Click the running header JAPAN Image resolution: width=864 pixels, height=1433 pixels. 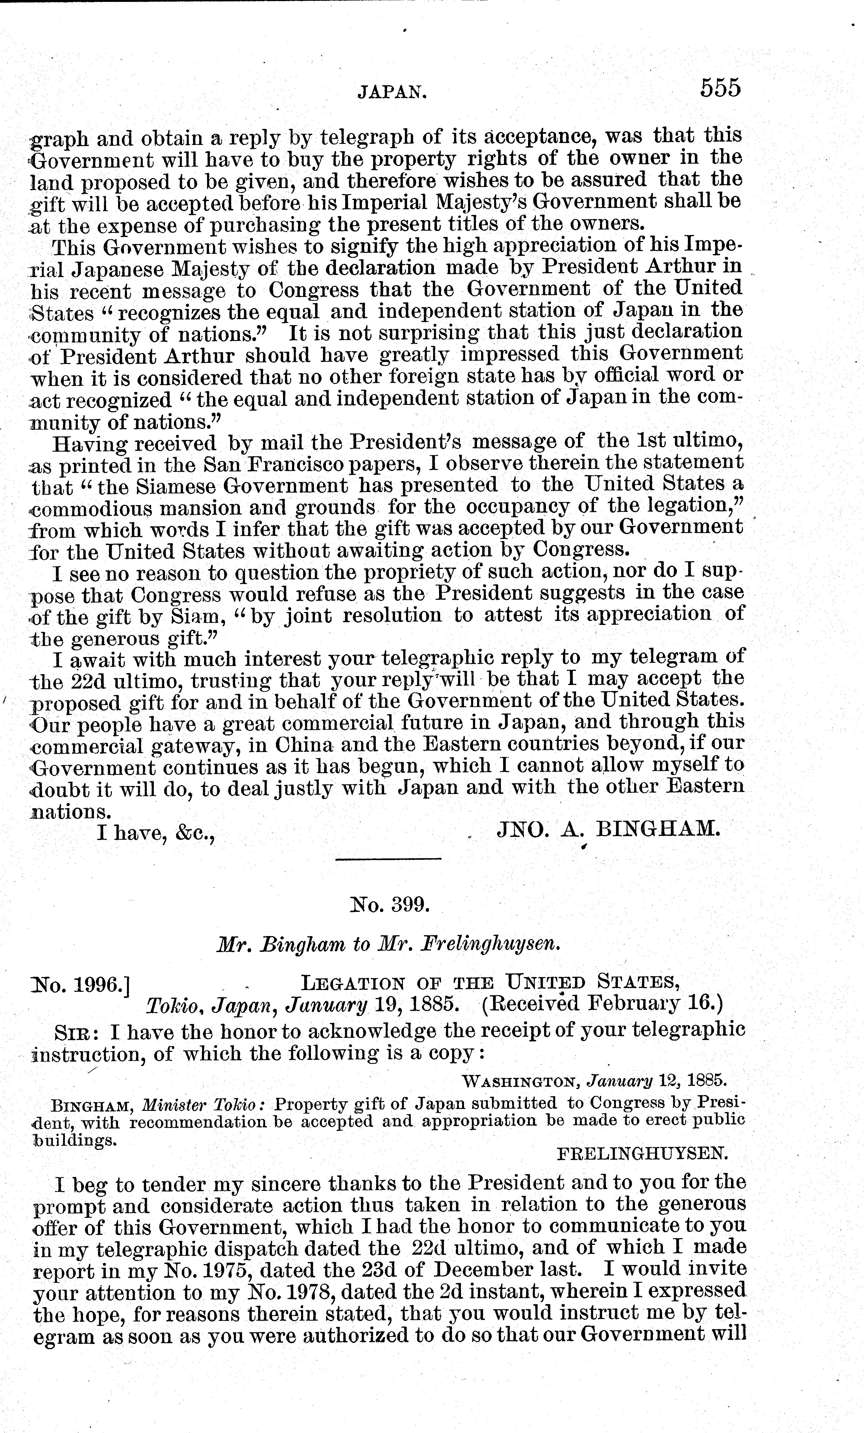(x=391, y=91)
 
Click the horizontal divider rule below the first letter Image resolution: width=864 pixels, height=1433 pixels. (x=388, y=859)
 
